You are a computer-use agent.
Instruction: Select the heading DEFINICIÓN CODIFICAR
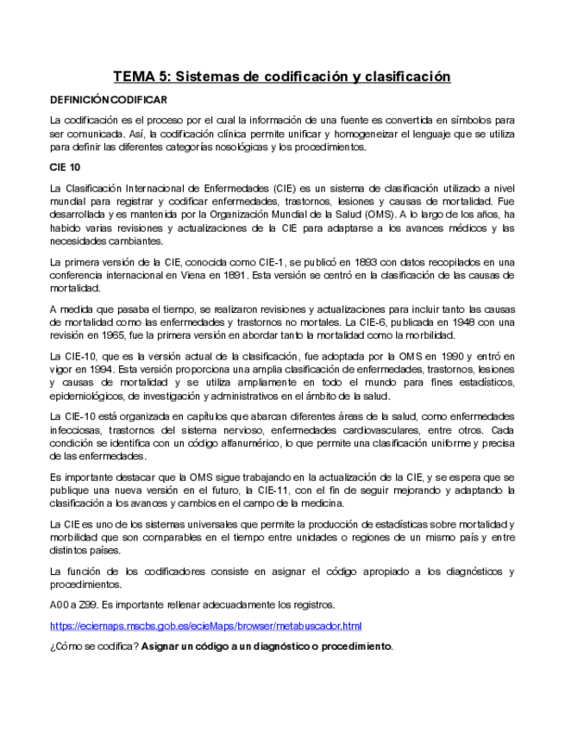click(108, 100)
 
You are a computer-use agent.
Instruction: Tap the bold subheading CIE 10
click(65, 167)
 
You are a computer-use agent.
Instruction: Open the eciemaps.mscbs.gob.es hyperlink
click(205, 625)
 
